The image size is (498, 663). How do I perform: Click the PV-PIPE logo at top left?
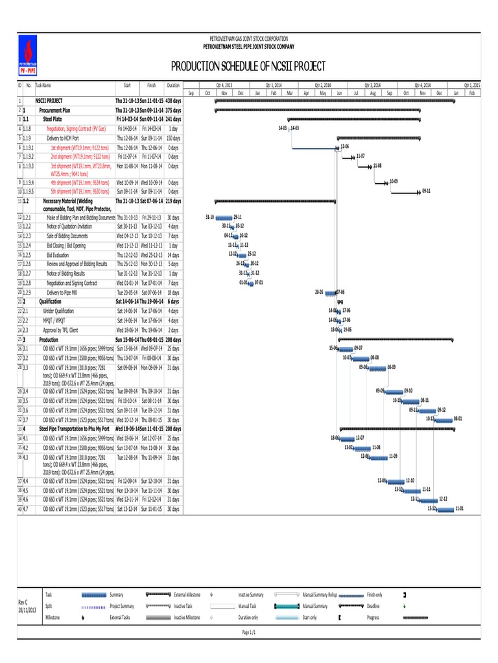coord(27,56)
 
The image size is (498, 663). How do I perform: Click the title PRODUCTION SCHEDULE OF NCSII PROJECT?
coord(248,67)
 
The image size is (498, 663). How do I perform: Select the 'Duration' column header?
coord(173,85)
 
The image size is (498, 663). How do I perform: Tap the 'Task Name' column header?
coord(43,85)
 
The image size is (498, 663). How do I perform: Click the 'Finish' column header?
coord(151,85)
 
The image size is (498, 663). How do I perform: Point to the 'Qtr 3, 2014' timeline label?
coord(372,85)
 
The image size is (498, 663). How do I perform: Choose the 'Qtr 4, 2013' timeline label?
coord(223,85)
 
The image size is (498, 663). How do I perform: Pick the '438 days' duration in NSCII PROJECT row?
coord(173,101)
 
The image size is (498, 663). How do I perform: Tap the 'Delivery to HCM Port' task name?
coord(63,138)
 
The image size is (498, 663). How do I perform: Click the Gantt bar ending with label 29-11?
coord(224,218)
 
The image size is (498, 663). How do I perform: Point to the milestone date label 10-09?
coord(394,181)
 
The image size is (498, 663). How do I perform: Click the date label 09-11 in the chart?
coord(426,192)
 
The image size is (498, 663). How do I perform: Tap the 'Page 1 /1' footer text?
coord(249,632)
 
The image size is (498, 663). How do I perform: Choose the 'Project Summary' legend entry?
coord(123,607)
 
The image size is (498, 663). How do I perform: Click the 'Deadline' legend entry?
coord(372,607)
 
